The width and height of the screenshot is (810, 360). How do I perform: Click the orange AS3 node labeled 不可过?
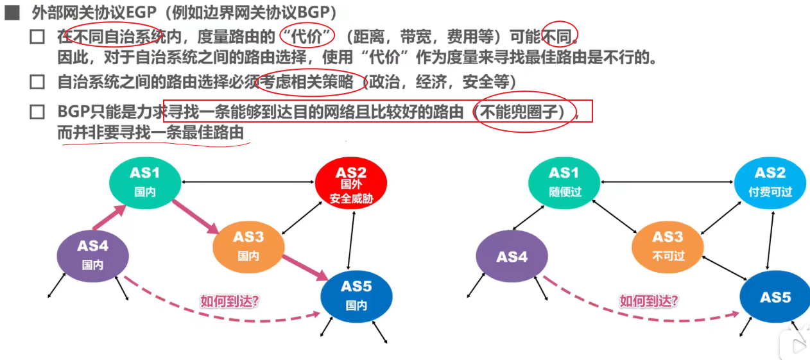click(x=668, y=246)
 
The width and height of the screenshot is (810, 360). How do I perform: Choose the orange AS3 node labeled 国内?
click(x=248, y=246)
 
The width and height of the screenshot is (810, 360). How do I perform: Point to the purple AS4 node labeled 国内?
click(x=93, y=255)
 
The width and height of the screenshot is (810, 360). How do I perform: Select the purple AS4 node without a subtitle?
click(x=512, y=257)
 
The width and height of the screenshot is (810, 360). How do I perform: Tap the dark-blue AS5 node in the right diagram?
click(x=775, y=297)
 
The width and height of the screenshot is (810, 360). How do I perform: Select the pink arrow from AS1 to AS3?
click(x=195, y=213)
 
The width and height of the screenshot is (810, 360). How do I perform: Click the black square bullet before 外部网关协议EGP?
click(x=13, y=13)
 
